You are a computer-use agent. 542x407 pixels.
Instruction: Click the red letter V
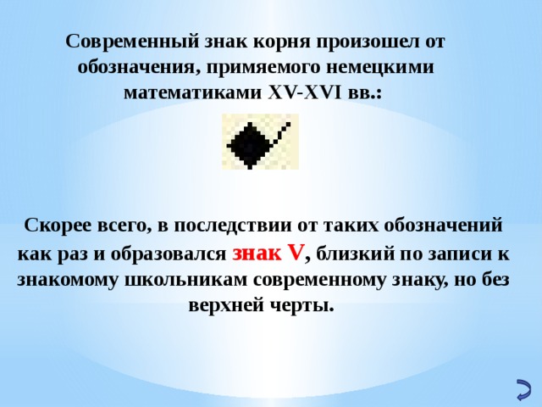[x=295, y=253]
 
